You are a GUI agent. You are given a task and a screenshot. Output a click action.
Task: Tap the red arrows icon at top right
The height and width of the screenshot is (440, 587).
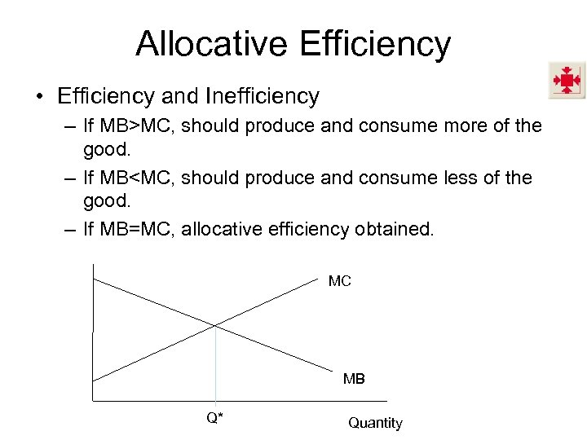(x=566, y=81)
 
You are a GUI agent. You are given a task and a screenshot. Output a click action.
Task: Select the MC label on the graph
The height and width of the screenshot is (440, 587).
(x=339, y=281)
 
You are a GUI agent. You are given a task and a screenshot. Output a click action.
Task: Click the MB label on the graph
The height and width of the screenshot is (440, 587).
(x=354, y=379)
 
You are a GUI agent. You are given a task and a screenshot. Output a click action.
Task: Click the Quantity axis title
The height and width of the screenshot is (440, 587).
(x=375, y=423)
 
